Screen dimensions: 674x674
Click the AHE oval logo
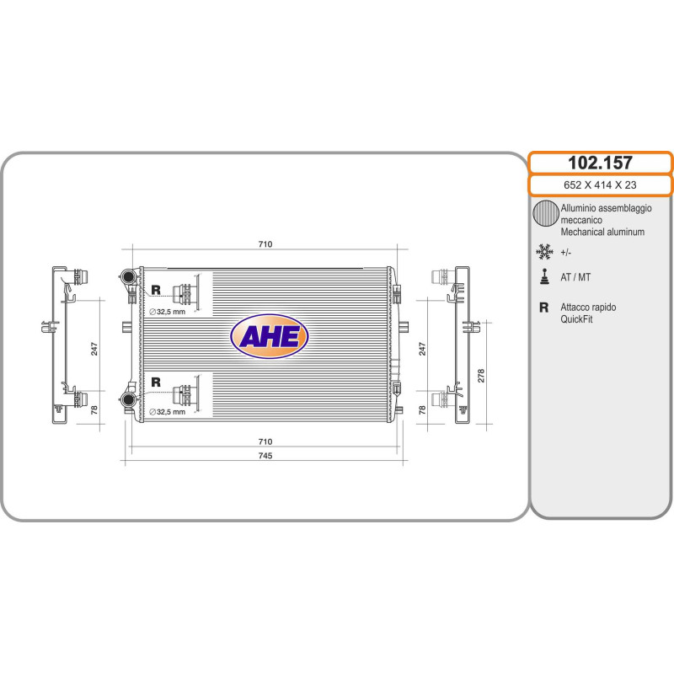pos(270,336)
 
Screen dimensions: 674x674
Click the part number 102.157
pos(600,163)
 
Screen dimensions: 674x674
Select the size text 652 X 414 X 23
pos(600,185)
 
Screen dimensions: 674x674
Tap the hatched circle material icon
pos(545,213)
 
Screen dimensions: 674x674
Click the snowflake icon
pos(544,252)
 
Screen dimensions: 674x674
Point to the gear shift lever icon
pos(544,277)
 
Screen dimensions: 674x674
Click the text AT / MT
pos(575,277)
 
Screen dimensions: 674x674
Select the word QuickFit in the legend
pos(576,319)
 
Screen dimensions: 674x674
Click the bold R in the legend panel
pos(543,308)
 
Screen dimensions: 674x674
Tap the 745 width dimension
pos(265,456)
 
